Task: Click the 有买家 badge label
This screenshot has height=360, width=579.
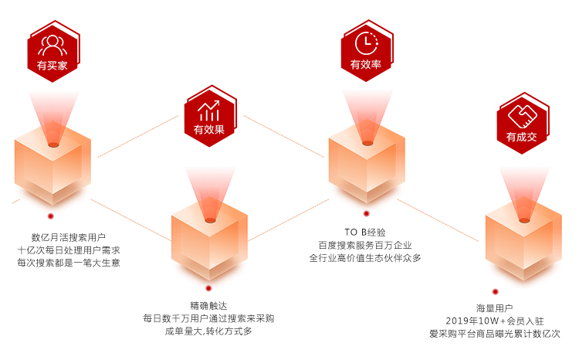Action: click(x=52, y=66)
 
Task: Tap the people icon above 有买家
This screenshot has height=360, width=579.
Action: click(x=52, y=43)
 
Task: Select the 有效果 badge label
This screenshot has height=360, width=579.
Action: click(x=209, y=129)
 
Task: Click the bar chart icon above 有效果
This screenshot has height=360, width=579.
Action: click(x=209, y=110)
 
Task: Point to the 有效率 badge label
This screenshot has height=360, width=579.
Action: click(x=366, y=65)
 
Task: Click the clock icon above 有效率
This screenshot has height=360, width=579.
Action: click(x=366, y=42)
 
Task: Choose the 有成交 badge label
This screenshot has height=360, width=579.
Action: click(x=522, y=137)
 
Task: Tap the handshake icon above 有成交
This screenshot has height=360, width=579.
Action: click(x=522, y=115)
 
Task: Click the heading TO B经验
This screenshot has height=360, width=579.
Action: click(x=365, y=232)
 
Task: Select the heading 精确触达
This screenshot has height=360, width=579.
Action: click(x=208, y=305)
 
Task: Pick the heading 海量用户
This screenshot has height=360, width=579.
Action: click(x=495, y=307)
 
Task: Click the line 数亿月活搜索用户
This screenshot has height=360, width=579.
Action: click(x=68, y=237)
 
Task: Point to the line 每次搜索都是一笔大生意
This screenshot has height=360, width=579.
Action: click(x=68, y=263)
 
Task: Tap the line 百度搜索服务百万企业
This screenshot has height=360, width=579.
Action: click(x=365, y=245)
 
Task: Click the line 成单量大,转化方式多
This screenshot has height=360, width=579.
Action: click(x=208, y=331)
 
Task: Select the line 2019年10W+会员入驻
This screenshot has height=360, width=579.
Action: click(x=495, y=321)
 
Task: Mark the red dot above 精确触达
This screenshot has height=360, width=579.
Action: click(x=208, y=288)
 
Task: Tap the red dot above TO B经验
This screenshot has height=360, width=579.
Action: click(x=366, y=213)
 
